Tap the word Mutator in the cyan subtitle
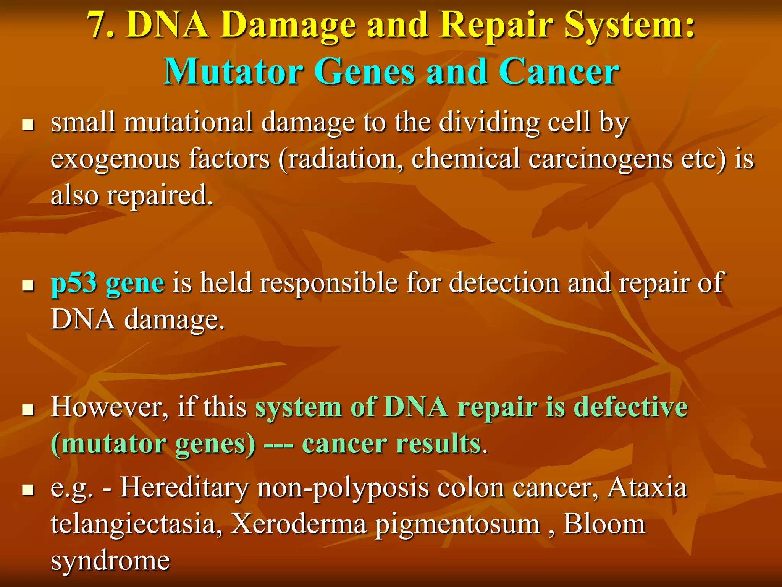[x=233, y=72]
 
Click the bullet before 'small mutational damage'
[x=28, y=125]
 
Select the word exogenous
[x=115, y=159]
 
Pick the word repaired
[x=159, y=195]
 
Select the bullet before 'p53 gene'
[x=28, y=285]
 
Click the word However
[x=109, y=407]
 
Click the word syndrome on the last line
[x=110, y=561]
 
